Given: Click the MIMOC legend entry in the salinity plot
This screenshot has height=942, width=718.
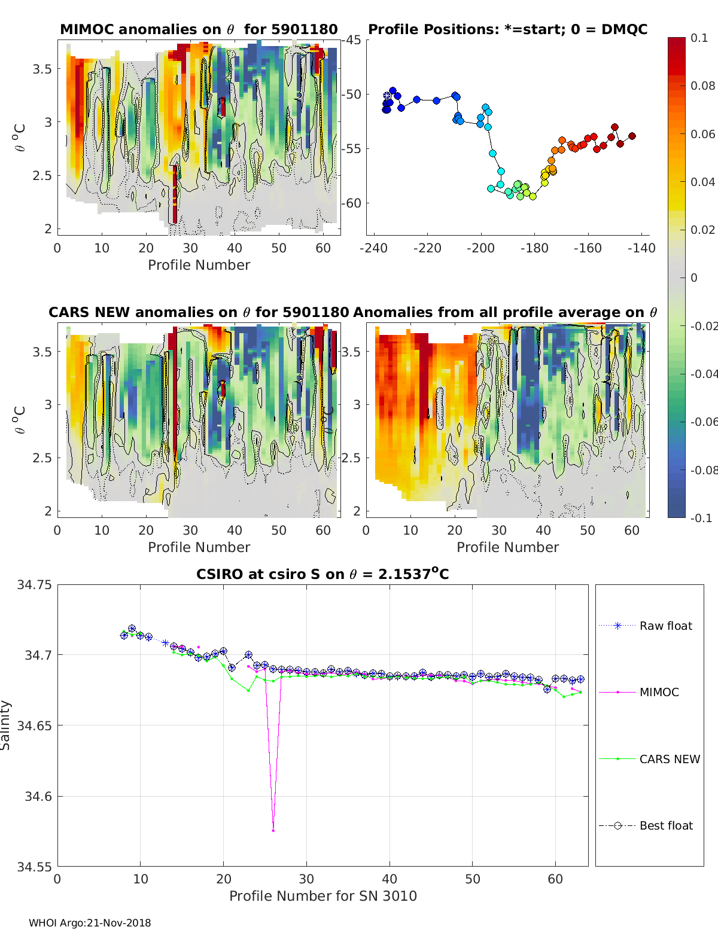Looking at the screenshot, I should tap(659, 692).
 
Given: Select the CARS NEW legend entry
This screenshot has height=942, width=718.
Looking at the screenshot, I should tap(669, 759).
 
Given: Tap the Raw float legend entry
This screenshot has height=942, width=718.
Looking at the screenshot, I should tap(665, 626).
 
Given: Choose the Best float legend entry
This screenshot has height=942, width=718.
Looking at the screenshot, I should tap(665, 825).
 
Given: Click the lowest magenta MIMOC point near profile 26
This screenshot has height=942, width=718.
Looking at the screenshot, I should tap(273, 831).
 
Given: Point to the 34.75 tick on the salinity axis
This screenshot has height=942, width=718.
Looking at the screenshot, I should tap(34, 585).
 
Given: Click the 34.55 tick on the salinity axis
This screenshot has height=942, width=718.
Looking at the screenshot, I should tap(34, 867).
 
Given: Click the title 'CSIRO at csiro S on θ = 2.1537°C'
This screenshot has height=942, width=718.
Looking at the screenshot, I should tap(323, 574).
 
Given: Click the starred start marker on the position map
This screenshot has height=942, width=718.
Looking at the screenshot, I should tap(387, 96).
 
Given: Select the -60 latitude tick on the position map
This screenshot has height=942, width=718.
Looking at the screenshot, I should tap(352, 203).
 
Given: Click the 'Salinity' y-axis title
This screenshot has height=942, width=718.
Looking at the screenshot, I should tap(6, 725).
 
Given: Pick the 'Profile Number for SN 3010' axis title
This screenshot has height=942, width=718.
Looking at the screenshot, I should tap(323, 896).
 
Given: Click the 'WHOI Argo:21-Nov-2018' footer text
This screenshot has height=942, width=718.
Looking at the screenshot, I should tap(90, 923).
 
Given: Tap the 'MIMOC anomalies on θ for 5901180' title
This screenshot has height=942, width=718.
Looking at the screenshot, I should tap(199, 29).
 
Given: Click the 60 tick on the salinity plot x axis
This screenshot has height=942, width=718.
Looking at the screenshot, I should tap(555, 879).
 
